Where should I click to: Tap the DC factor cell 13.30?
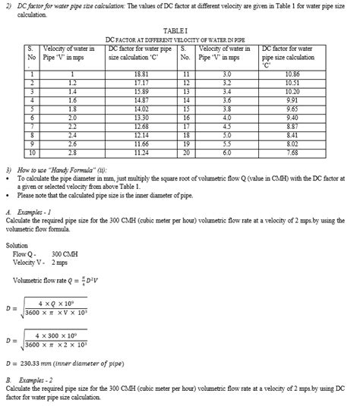click(x=140, y=118)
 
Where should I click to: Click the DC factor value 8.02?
click(x=292, y=143)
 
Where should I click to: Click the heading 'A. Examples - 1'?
click(x=28, y=212)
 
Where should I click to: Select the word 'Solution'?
click(x=17, y=246)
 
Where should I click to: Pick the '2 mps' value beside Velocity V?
click(x=58, y=263)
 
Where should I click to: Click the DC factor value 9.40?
click(x=292, y=118)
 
